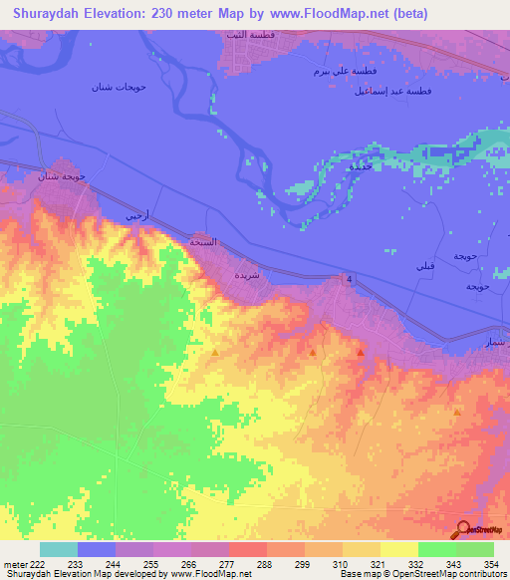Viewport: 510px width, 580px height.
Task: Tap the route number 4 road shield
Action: pyautogui.click(x=349, y=278)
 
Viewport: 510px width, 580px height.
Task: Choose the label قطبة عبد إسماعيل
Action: pyautogui.click(x=405, y=90)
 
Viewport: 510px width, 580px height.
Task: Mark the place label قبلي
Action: pyautogui.click(x=424, y=267)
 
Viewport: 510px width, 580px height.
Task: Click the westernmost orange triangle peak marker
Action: pyautogui.click(x=215, y=351)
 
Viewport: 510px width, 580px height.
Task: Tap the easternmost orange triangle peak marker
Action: pyautogui.click(x=457, y=411)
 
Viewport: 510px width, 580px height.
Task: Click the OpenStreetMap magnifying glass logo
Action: pyautogui.click(x=464, y=529)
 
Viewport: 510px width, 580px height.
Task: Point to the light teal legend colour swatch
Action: pyautogui.click(x=59, y=549)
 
